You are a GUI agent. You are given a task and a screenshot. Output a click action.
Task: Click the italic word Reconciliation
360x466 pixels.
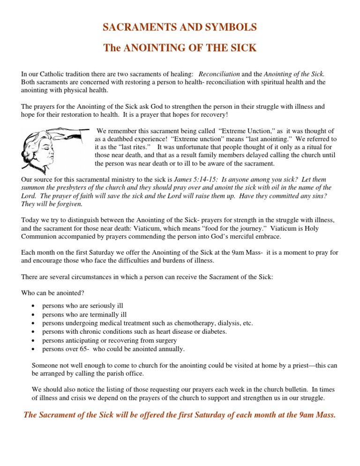point(220,74)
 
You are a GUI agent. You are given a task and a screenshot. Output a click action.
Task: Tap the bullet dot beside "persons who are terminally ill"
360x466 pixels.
point(32,315)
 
